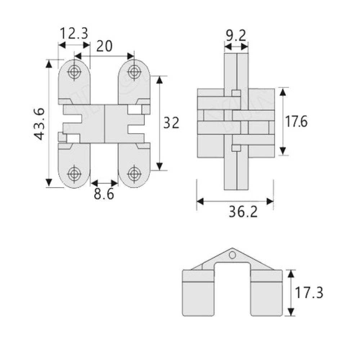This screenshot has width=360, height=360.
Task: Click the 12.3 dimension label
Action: [74, 33]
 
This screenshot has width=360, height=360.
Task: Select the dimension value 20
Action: [104, 46]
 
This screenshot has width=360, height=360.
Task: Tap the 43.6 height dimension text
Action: [40, 124]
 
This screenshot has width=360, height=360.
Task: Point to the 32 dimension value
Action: [171, 123]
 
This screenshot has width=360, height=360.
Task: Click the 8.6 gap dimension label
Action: [104, 194]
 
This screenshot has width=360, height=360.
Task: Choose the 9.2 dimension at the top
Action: [235, 36]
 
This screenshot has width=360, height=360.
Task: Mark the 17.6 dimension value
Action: [296, 121]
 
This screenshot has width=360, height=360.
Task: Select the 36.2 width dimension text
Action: [243, 212]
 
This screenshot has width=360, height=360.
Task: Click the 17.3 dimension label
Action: [309, 293]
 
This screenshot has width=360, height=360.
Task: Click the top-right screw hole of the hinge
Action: [134, 71]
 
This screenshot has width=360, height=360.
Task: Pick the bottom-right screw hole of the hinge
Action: [134, 172]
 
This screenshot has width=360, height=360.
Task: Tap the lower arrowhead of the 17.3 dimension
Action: [291, 312]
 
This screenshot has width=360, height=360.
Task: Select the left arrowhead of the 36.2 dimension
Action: [200, 202]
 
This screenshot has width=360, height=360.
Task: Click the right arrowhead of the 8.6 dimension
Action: [114, 183]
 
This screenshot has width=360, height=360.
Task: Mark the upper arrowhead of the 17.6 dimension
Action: [283, 92]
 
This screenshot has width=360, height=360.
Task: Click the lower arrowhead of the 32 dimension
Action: [159, 166]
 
